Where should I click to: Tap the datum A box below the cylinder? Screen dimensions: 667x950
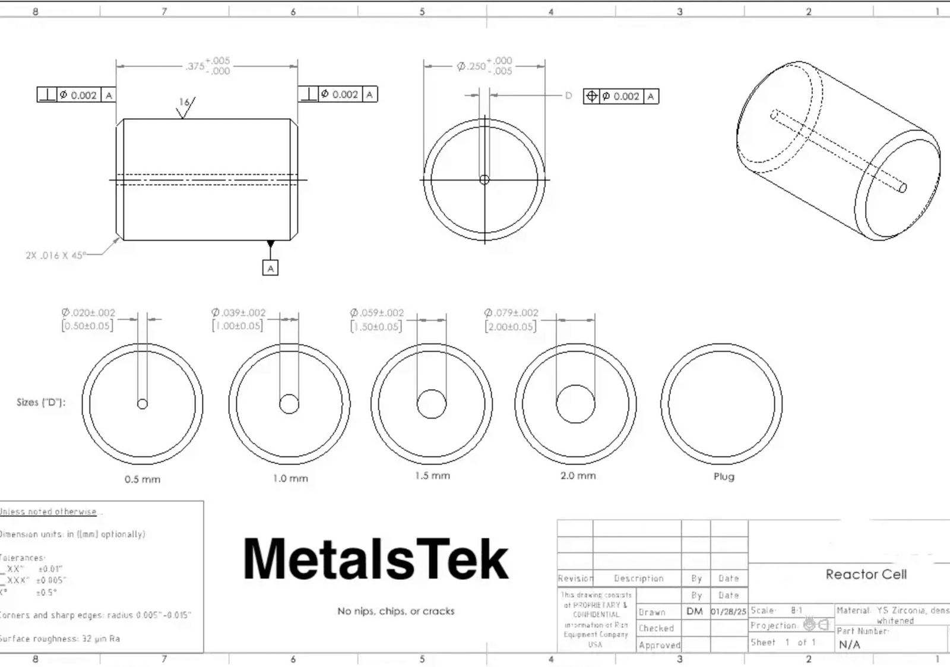coord(270,268)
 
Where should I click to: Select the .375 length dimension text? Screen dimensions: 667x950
coord(207,66)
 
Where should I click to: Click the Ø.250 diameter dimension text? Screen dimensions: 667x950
coord(484,66)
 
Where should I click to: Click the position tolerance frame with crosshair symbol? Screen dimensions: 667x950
coord(620,96)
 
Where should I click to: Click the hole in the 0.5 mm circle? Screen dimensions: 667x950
coord(142,404)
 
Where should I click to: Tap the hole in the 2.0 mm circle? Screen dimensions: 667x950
coord(575,404)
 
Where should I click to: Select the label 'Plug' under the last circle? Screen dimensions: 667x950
coord(724,476)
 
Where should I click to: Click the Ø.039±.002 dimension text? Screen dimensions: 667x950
coord(239,312)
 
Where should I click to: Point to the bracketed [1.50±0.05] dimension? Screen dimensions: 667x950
coord(376,327)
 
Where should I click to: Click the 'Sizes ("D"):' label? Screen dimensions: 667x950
coord(41,402)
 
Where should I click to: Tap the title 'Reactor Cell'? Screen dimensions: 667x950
coord(866,574)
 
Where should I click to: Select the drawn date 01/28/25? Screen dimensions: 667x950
coord(729,612)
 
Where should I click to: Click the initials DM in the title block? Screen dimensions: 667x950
coord(695,611)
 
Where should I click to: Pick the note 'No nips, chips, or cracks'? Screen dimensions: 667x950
coord(396,611)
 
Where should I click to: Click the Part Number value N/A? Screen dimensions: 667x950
coord(849,644)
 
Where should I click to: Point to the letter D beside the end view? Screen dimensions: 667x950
coord(568,96)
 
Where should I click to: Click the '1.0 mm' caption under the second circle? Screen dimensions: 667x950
coord(290,479)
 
